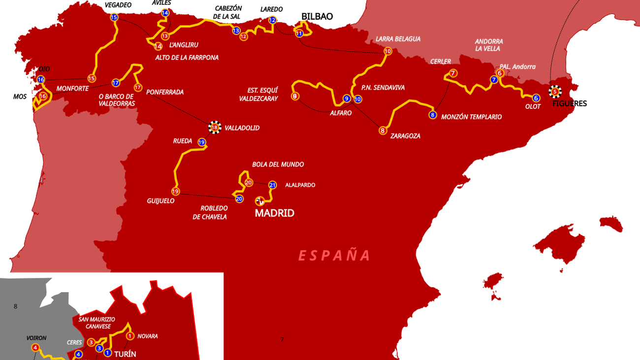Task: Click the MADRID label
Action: coord(274,213)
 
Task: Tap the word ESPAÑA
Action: coord(334,255)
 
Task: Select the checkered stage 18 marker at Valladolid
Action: coord(214,128)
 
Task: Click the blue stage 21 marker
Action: coord(273,185)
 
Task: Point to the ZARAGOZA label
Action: coord(405,136)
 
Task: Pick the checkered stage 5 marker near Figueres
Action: coord(555,91)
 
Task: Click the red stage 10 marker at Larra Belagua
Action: coord(387,51)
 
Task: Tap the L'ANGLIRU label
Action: coord(184,45)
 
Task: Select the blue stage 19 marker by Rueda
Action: coord(201,142)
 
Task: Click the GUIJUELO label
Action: coord(160,201)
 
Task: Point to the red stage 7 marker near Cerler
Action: coord(453,73)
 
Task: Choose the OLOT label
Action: coord(533,106)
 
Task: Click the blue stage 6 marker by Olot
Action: coord(536,98)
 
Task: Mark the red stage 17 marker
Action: coord(138,88)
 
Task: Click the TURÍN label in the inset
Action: coord(125,354)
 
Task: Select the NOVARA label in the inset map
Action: coord(148,336)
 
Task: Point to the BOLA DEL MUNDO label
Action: coord(278,164)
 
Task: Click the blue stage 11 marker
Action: coord(299,33)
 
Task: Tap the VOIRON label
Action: coord(36,338)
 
